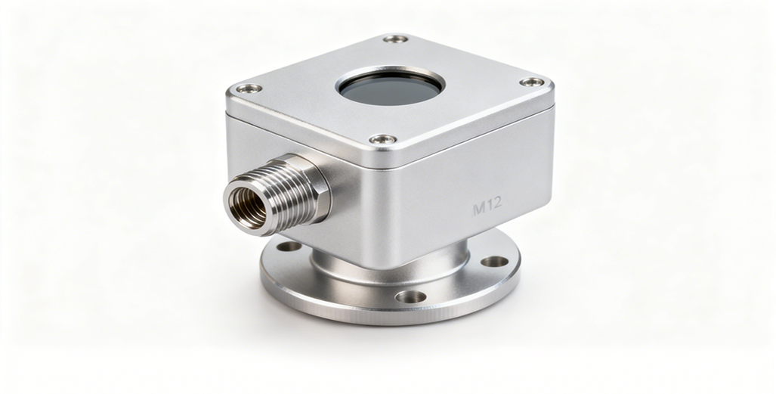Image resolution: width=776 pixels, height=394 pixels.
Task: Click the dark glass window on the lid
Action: click(390, 89)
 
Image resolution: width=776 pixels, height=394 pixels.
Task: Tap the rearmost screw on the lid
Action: click(396, 39)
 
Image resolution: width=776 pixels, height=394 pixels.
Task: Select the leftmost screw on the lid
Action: click(249, 88)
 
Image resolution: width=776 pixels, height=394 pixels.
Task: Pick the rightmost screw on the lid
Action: click(532, 82)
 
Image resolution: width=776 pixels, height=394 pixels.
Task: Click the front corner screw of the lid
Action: click(383, 139)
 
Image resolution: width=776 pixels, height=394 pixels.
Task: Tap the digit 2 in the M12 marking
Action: click(496, 203)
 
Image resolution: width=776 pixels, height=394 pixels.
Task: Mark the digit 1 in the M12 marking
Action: click(488, 205)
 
